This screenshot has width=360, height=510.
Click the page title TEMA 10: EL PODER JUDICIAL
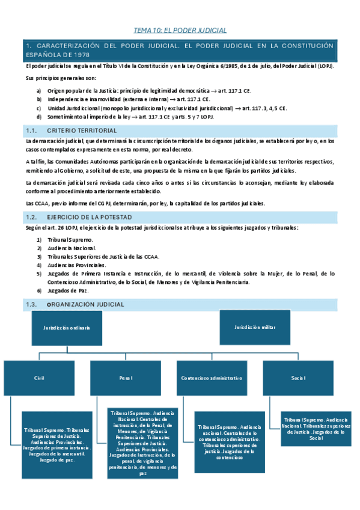click(x=180, y=30)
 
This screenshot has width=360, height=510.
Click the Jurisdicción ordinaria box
click(x=66, y=328)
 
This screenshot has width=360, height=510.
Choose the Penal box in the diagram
click(x=126, y=378)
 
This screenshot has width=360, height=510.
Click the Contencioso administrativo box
click(x=212, y=378)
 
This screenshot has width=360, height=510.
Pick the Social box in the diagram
click(x=299, y=378)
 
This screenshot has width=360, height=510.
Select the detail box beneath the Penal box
click(x=144, y=443)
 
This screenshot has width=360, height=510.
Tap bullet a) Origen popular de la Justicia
click(x=120, y=90)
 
